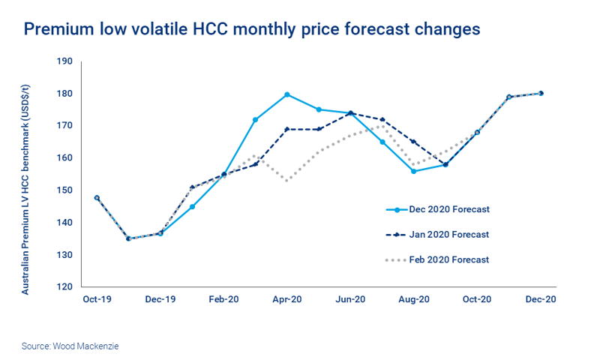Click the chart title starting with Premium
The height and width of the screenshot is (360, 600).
252,29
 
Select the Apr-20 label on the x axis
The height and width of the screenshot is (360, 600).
287,299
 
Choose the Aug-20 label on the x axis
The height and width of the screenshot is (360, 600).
415,299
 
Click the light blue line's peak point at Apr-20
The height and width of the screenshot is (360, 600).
287,94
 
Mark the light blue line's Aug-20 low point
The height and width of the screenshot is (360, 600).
414,171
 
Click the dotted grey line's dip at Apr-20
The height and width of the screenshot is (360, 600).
287,181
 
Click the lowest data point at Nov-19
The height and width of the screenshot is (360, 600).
128,238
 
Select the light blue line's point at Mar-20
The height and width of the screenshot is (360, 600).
255,120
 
